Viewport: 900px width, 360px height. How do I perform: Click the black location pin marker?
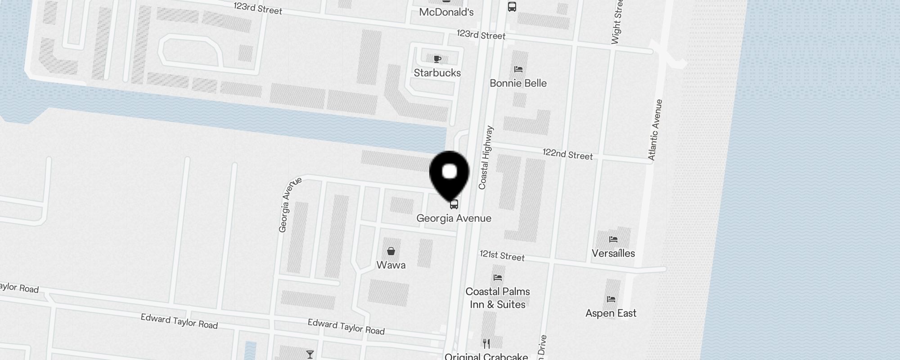450,173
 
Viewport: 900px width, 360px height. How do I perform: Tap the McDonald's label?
446,12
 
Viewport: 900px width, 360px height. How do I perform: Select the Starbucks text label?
437,73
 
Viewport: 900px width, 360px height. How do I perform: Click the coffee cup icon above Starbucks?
437,59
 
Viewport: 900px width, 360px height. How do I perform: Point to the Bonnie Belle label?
518,83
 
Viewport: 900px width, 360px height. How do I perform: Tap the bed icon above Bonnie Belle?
518,69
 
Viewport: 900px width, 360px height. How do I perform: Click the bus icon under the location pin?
454,204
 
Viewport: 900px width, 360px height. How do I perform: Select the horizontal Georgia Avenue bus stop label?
454,218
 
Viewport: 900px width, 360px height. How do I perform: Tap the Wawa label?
391,265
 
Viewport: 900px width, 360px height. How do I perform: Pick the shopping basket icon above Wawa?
391,251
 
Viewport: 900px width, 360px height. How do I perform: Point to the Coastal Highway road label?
486,157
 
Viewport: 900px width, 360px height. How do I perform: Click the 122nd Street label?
567,154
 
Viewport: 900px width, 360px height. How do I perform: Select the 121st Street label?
502,256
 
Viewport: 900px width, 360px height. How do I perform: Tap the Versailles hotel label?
613,253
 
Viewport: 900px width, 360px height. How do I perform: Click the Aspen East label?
611,313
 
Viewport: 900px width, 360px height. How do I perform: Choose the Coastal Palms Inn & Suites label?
497,298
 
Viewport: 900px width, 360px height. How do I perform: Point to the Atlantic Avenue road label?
655,130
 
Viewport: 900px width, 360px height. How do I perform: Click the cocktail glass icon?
310,355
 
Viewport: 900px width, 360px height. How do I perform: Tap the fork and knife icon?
486,344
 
